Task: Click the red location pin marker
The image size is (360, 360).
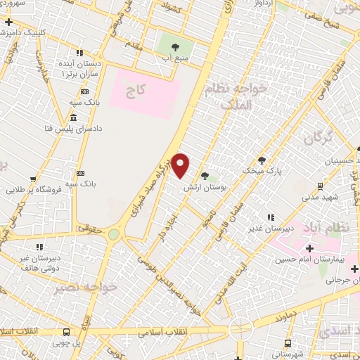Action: [x=181, y=165]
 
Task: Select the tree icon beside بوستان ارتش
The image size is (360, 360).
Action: [x=205, y=176]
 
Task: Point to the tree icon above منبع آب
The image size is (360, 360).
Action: [x=174, y=47]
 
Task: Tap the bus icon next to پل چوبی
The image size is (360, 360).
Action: [x=66, y=332]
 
